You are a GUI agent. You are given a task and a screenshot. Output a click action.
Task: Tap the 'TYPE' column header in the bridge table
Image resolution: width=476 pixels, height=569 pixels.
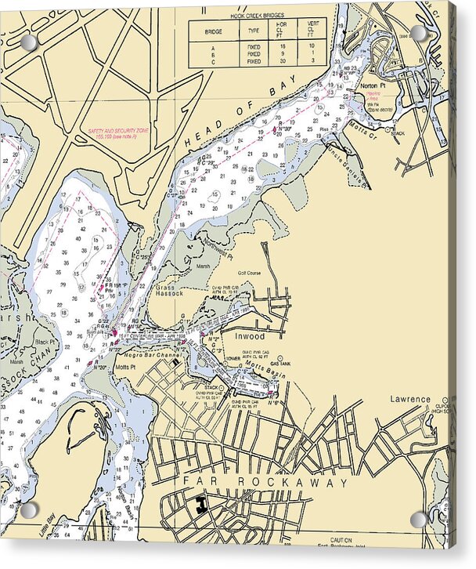point(254,32)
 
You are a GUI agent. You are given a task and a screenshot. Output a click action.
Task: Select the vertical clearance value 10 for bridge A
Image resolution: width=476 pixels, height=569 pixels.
point(312,47)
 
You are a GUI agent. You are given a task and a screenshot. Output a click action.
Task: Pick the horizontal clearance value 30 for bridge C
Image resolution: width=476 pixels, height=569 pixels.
point(282,60)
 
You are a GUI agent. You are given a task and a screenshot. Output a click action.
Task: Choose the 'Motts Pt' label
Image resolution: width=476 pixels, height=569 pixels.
point(125,366)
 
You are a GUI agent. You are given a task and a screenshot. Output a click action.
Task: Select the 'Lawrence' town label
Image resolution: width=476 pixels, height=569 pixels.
point(411,399)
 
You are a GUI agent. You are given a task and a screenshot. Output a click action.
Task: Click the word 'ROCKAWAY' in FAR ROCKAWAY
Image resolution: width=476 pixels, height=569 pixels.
point(286,482)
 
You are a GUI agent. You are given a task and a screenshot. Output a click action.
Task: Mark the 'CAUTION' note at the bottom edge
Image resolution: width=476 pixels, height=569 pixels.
point(341,540)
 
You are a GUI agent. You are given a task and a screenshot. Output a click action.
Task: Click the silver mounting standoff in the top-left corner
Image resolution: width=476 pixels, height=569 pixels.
point(28,42)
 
